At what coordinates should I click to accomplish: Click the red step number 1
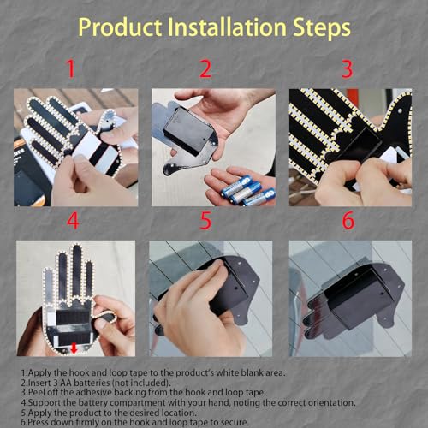pos(71,68)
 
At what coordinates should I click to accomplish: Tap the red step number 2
pos(205,68)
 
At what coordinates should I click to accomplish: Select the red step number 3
pos(348,68)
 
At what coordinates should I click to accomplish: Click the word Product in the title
pos(120,27)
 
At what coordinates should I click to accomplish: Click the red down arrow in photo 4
pos(74,348)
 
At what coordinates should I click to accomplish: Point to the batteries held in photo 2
pos(246,191)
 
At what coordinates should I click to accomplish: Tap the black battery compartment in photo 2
pos(188,130)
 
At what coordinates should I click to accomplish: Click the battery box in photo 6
pos(356,298)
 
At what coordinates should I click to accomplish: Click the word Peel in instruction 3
pos(37,392)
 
